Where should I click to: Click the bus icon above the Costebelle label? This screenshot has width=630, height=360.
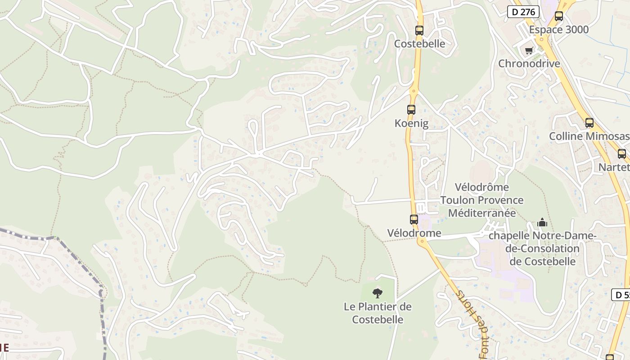(419, 31)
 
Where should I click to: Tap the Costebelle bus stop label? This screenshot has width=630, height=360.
(419, 44)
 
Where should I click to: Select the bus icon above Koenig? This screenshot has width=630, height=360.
(411, 109)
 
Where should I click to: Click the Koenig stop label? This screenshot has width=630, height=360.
(411, 123)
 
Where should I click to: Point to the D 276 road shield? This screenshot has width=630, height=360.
(523, 12)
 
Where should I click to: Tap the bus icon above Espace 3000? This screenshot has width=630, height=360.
(559, 16)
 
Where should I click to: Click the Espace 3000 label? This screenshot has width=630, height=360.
(559, 30)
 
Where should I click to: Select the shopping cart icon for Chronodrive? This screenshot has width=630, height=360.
(529, 50)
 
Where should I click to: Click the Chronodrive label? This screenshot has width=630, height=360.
(529, 63)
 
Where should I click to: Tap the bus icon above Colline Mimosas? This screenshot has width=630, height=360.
(589, 122)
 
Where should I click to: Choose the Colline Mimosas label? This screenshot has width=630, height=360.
(589, 136)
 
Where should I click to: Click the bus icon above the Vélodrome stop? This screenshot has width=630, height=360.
(414, 220)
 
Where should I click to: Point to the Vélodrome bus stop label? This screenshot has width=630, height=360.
(414, 233)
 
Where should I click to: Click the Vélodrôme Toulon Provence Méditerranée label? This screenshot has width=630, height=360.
(482, 200)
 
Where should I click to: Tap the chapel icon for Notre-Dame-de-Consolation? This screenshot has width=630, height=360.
(542, 222)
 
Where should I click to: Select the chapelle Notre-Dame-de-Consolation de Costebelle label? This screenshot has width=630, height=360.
(542, 248)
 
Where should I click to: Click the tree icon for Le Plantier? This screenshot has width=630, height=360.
(378, 293)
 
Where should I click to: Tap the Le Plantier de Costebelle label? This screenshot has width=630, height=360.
(378, 313)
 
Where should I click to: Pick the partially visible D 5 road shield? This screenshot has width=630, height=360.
(621, 295)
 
